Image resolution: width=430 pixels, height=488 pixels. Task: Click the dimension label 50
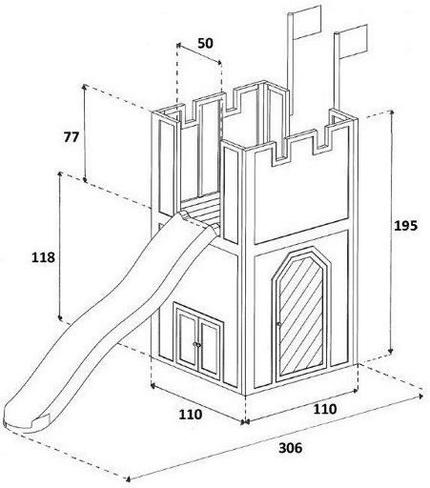pyautogui.click(x=205, y=44)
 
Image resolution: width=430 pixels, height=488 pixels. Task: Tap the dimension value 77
pyautogui.click(x=72, y=137)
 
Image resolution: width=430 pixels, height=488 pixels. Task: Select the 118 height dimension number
pyautogui.click(x=43, y=257)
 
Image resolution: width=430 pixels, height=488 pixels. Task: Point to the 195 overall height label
pyautogui.click(x=405, y=226)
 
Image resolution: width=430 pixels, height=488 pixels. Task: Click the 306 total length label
pyautogui.click(x=291, y=448)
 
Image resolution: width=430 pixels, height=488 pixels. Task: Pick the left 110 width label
pyautogui.click(x=191, y=415)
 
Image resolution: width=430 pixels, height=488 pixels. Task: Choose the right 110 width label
pyautogui.click(x=325, y=409)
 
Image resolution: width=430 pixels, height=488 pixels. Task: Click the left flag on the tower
pyautogui.click(x=307, y=22)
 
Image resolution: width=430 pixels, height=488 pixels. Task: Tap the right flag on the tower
pyautogui.click(x=354, y=41)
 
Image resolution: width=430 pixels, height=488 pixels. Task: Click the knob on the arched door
pyautogui.click(x=279, y=324)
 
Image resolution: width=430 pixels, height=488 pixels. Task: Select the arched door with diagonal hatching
pyautogui.click(x=301, y=315)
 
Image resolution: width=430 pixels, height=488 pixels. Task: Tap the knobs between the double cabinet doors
pyautogui.click(x=197, y=345)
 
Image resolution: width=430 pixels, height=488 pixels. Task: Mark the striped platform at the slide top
pyautogui.click(x=201, y=208)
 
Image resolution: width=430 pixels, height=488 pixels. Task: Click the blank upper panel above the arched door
pyautogui.click(x=301, y=191)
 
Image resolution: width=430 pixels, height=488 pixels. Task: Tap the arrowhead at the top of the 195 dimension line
pyautogui.click(x=392, y=112)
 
